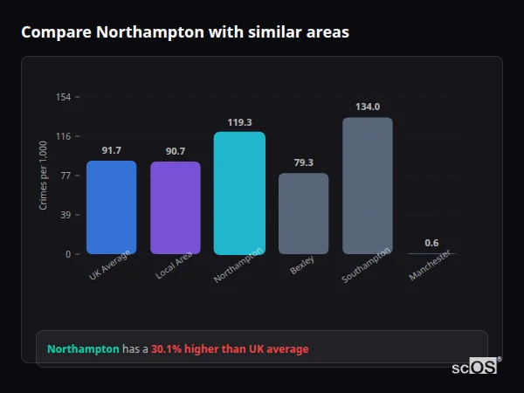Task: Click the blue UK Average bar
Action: click(111, 207)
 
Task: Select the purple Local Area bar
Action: click(176, 208)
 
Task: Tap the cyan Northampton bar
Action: click(239, 193)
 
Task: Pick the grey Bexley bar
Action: click(303, 213)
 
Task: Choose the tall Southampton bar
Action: click(368, 185)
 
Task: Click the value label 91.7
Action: click(111, 151)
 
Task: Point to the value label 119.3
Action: click(239, 122)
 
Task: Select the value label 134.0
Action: click(368, 107)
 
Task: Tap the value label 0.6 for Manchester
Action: click(431, 243)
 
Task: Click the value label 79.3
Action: click(303, 162)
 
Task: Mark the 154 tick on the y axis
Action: click(63, 97)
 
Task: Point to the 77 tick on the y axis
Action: click(65, 176)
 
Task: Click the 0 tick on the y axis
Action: click(68, 254)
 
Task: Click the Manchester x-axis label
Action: click(430, 265)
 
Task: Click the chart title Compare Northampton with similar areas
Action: click(184, 32)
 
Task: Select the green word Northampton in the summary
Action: click(83, 349)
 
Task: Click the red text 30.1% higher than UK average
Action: click(230, 349)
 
